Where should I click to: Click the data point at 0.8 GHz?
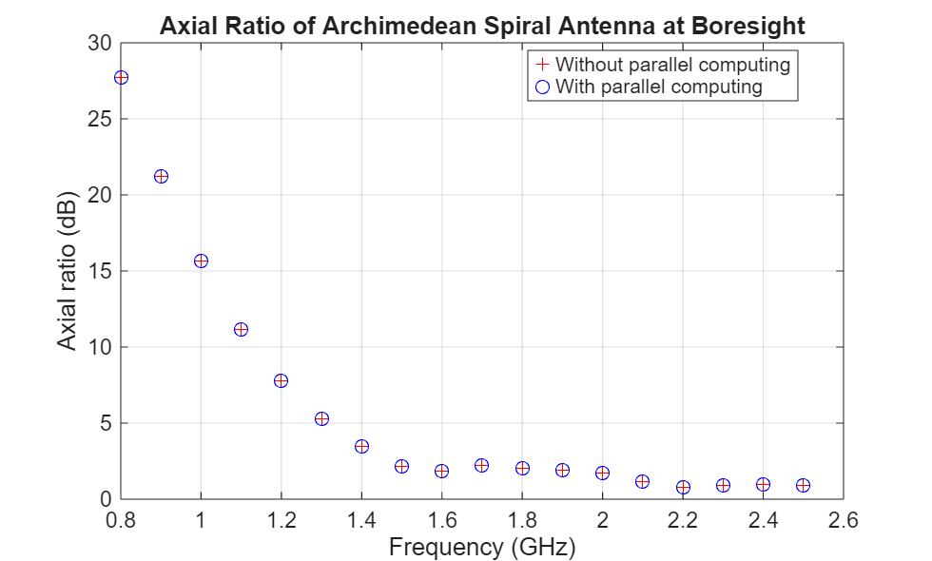[x=121, y=77]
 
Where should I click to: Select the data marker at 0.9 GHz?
[x=161, y=176]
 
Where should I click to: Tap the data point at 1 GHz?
[x=201, y=261]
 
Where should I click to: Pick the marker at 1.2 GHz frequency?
[x=282, y=380]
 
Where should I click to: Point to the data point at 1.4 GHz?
[x=361, y=446]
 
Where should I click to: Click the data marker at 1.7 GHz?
[x=482, y=465]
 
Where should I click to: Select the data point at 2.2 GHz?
[x=683, y=487]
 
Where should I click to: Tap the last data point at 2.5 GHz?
[x=803, y=485]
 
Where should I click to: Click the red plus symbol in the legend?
[x=542, y=66]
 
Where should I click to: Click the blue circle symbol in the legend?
[x=542, y=87]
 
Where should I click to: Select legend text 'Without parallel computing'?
[x=672, y=66]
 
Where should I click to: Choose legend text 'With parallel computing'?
[x=658, y=87]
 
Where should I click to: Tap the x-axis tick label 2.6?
[x=843, y=520]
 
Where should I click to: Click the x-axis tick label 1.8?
[x=522, y=520]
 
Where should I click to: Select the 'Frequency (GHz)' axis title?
[x=482, y=546]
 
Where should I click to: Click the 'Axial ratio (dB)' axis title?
[x=68, y=272]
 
